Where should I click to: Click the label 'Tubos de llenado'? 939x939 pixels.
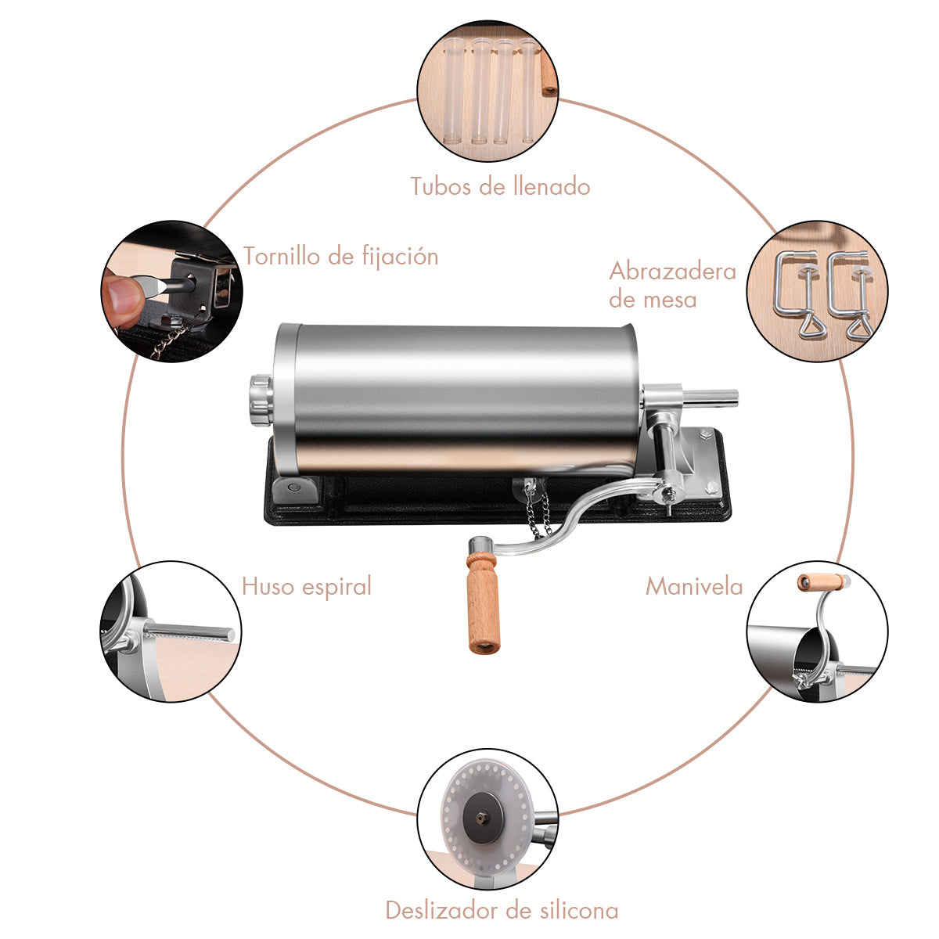(x=501, y=187)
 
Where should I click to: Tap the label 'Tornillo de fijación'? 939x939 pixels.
(x=341, y=257)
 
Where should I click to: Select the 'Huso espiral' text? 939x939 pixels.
(x=307, y=586)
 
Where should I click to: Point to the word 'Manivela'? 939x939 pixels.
(x=694, y=586)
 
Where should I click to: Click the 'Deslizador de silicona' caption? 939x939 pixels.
(x=502, y=910)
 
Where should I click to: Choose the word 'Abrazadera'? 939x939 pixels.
(x=672, y=271)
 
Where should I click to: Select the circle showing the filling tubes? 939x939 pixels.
(x=487, y=91)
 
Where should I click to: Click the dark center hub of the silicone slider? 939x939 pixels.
(x=483, y=818)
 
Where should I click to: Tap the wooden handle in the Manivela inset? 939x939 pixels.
(x=823, y=582)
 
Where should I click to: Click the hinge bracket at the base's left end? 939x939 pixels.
(x=295, y=490)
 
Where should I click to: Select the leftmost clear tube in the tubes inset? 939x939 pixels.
(x=453, y=91)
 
